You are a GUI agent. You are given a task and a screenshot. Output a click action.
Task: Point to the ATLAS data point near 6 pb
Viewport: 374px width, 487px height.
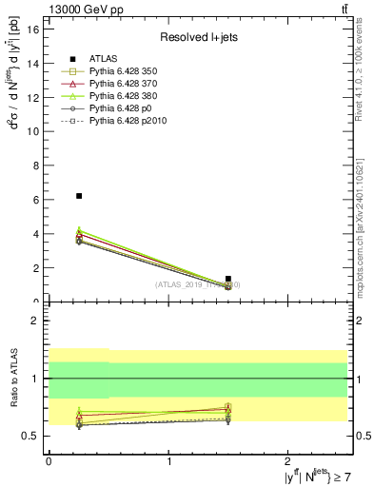(x=79, y=196)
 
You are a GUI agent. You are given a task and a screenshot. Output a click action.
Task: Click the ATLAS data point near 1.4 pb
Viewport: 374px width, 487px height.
(x=228, y=279)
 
